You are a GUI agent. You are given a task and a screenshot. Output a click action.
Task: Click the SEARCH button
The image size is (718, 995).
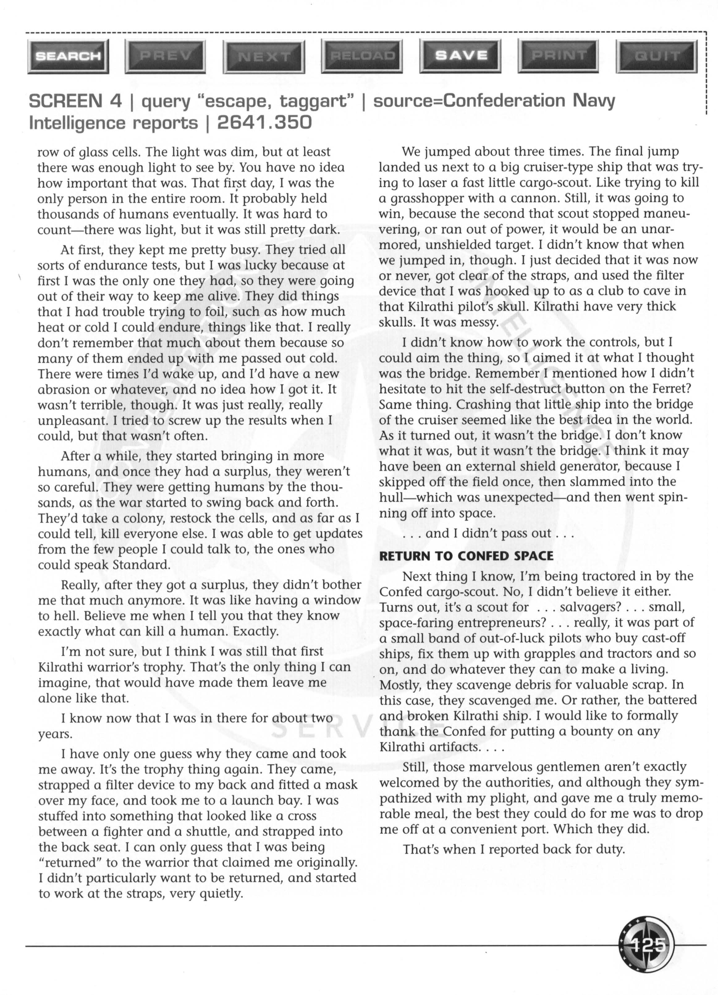(x=68, y=56)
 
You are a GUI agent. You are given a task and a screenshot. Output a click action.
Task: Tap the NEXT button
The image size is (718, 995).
(x=264, y=56)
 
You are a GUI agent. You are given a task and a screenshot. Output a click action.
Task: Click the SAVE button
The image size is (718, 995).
(x=461, y=55)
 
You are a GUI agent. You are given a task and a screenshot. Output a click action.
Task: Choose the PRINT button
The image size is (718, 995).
(x=559, y=55)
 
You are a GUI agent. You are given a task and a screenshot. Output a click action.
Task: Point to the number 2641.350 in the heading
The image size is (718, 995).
(x=264, y=123)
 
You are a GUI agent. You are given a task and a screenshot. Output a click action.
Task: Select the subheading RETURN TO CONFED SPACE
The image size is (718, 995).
(x=466, y=556)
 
